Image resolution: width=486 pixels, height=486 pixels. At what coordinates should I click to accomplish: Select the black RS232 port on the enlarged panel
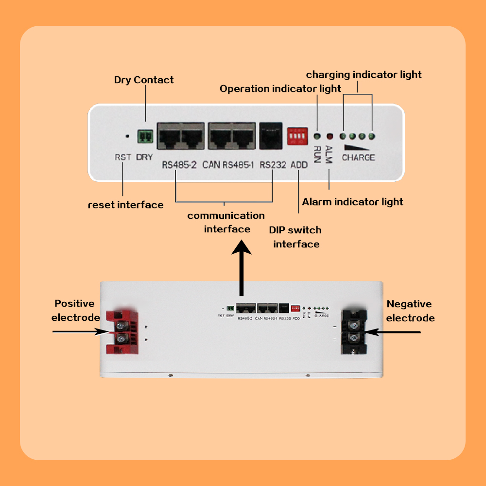(x=272, y=135)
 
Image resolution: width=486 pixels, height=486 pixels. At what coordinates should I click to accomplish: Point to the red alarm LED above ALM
(x=329, y=137)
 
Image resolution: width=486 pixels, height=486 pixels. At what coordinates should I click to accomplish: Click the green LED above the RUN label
(x=316, y=137)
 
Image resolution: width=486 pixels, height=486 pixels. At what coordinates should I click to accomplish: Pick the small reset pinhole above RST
(x=127, y=137)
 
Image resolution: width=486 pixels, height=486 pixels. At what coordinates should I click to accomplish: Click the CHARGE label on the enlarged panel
(x=358, y=157)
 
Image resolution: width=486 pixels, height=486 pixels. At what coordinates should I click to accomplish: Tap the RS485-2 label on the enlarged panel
(x=179, y=165)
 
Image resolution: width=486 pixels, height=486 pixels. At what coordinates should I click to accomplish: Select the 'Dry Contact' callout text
(x=144, y=80)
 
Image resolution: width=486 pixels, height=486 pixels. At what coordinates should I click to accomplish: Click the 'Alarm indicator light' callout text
(x=352, y=201)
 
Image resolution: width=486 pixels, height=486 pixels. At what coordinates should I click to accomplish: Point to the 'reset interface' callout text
(x=125, y=205)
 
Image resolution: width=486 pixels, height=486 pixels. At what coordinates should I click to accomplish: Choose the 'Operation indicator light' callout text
(x=280, y=89)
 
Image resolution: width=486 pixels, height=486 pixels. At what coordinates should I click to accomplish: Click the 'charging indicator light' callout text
(x=364, y=74)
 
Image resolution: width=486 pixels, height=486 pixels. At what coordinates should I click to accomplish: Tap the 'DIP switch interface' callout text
(x=296, y=237)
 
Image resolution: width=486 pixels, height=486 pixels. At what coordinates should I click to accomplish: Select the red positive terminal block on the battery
(x=121, y=332)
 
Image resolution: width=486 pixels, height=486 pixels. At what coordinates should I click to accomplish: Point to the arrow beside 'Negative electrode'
(x=393, y=332)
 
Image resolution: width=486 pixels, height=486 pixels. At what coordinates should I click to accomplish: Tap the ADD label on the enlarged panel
(x=299, y=165)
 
